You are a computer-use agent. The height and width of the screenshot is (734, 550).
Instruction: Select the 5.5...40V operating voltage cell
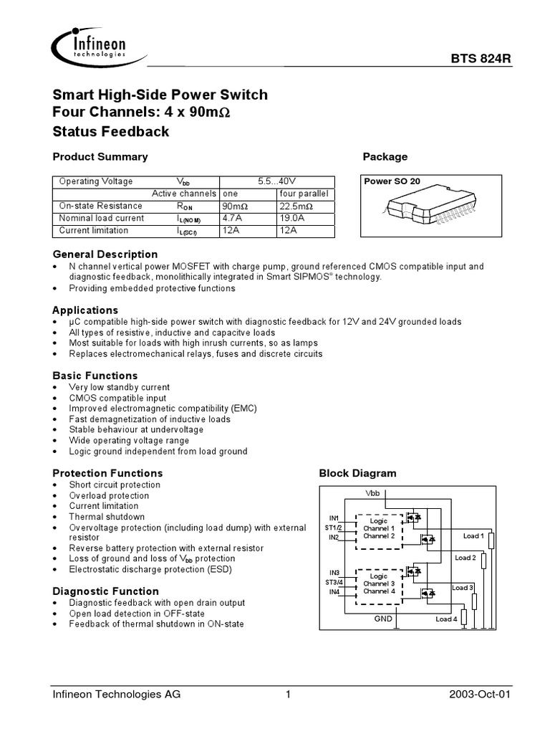tap(276, 181)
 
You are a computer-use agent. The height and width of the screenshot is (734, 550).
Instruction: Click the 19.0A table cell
tap(291, 218)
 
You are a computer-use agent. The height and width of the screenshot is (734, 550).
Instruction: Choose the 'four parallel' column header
tap(304, 194)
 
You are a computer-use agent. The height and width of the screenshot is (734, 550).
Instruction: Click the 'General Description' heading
tap(106, 254)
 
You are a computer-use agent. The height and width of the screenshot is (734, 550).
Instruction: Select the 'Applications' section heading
tap(86, 310)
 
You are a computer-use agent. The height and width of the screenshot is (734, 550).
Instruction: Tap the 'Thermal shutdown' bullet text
tap(107, 517)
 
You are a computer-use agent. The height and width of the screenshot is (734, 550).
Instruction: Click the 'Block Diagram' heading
tap(357, 473)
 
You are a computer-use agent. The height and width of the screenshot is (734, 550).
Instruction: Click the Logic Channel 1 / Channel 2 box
tap(379, 530)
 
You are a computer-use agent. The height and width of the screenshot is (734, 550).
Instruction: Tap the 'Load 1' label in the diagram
tap(473, 535)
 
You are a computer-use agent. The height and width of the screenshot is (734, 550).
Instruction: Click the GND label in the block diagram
tap(384, 618)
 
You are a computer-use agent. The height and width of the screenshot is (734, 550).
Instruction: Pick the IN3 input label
tap(334, 572)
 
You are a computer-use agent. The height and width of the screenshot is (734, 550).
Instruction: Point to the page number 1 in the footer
tap(286, 695)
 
